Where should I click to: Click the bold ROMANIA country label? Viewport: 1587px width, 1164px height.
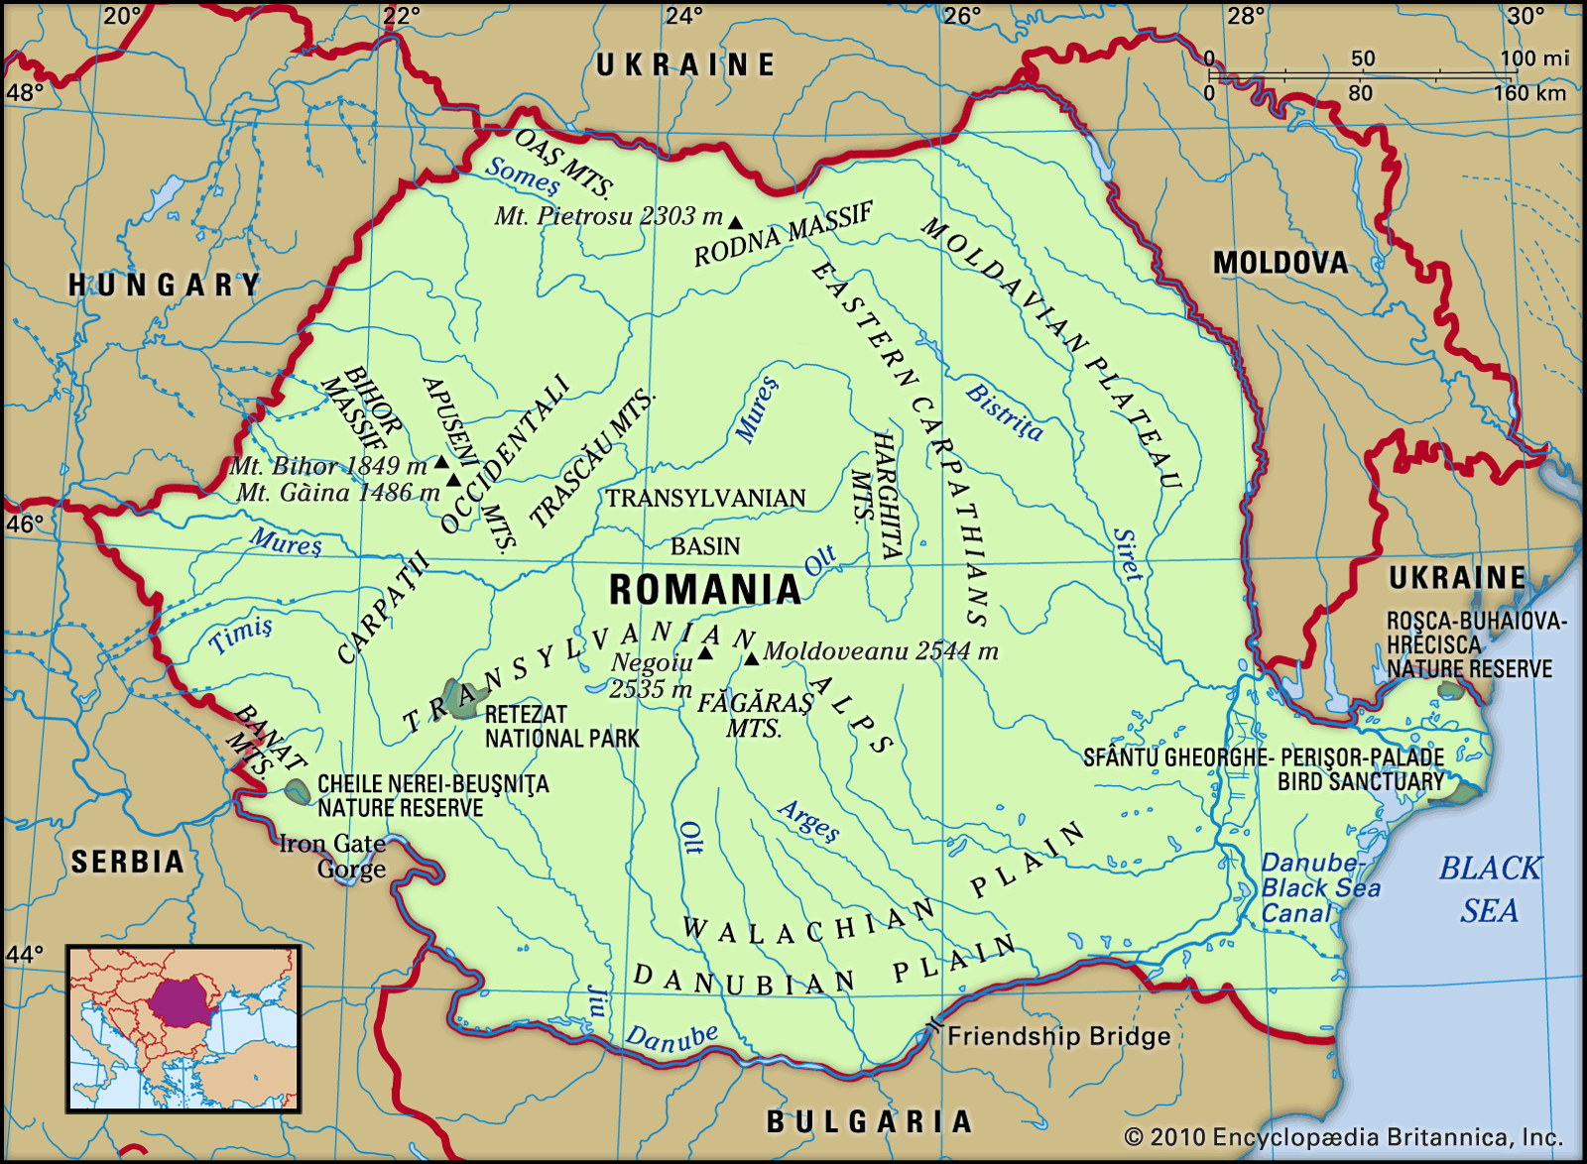click(x=704, y=590)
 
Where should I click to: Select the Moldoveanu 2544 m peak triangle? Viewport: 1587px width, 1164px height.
click(x=752, y=658)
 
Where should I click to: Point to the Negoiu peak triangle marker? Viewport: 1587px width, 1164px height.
click(x=705, y=652)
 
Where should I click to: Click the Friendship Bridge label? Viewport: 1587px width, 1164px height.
click(x=1058, y=1036)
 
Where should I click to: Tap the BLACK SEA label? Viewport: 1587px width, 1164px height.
click(x=1490, y=888)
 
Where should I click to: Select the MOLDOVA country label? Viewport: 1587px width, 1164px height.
click(x=1281, y=263)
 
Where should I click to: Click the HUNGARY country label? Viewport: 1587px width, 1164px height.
click(x=165, y=286)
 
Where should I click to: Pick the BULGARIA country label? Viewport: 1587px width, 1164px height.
click(x=869, y=1121)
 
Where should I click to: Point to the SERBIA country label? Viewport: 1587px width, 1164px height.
click(x=128, y=862)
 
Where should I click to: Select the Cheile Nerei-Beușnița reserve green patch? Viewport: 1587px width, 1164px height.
click(x=296, y=791)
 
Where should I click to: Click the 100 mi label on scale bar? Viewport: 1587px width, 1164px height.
click(x=1533, y=58)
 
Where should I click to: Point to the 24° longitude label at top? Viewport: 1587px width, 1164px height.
click(x=683, y=16)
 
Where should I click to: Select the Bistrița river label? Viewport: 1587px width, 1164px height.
click(x=1004, y=411)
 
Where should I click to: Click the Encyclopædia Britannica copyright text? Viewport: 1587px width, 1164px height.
click(x=1343, y=1137)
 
